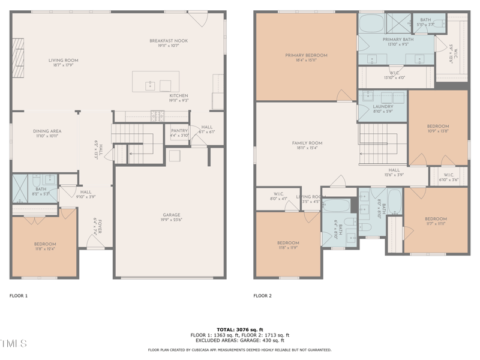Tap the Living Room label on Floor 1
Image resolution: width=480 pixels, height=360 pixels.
[63, 61]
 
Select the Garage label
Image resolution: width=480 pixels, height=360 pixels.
[172, 215]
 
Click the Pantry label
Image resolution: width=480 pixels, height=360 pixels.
[179, 130]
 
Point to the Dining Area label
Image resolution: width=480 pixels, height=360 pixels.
[47, 131]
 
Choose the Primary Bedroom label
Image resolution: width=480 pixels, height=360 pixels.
[306, 55]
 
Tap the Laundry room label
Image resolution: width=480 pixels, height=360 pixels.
[383, 107]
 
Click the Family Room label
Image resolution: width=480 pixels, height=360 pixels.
[307, 143]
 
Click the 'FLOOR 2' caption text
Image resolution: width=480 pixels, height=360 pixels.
[262, 296]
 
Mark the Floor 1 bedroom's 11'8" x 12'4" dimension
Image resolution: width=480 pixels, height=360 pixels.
[45, 249]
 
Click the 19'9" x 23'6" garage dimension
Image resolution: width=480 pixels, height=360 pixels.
[172, 220]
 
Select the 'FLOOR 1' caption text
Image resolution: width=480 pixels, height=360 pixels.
[19, 296]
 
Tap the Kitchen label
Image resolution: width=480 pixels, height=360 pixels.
[179, 95]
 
